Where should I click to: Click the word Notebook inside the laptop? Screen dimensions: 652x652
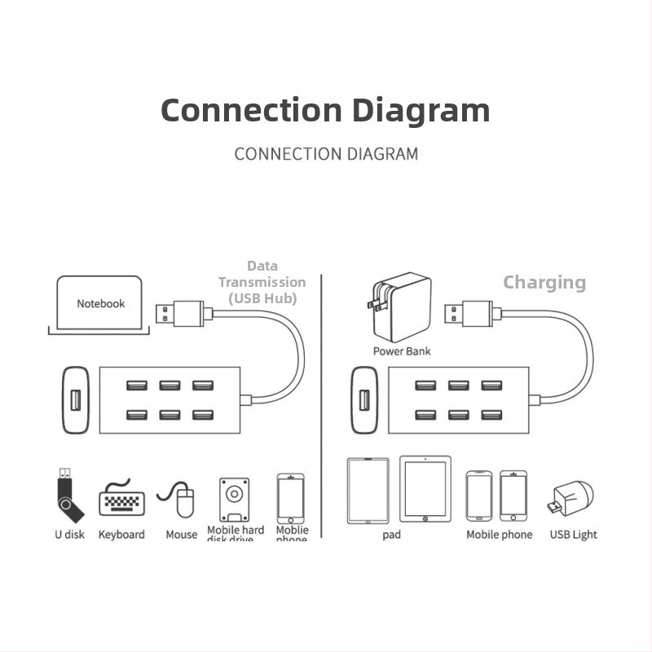101,304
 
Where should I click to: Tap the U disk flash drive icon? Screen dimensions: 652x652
69,496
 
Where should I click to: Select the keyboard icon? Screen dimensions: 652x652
121,499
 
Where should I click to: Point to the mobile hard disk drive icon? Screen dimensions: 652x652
234,499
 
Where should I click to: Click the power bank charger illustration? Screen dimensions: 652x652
401,307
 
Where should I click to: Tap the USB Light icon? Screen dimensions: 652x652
572,500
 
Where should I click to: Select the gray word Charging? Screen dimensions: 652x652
544,283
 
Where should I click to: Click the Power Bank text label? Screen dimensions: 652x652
402,351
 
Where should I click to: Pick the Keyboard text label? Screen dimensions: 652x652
121,535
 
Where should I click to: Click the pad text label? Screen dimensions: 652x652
391,535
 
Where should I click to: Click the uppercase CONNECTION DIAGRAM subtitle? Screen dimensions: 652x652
326,153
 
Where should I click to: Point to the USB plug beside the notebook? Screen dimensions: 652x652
183,313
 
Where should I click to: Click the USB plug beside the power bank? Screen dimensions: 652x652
469,313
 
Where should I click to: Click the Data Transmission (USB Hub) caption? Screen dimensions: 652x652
262,282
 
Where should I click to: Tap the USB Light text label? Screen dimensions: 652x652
573,535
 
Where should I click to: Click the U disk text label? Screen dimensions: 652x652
69,535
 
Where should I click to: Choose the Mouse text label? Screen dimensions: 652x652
181,535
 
